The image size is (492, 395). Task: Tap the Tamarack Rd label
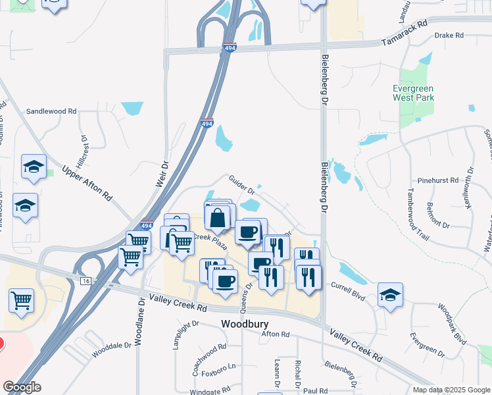pyautogui.click(x=404, y=41)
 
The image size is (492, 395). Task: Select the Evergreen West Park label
pyautogui.click(x=414, y=93)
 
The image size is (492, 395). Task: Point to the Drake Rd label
pyautogui.click(x=451, y=35)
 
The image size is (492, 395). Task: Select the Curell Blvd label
pyautogui.click(x=347, y=287)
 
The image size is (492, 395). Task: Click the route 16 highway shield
pyautogui.click(x=85, y=280)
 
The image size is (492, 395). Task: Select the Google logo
pyautogui.click(x=22, y=387)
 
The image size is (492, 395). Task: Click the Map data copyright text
pyautogui.click(x=451, y=390)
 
